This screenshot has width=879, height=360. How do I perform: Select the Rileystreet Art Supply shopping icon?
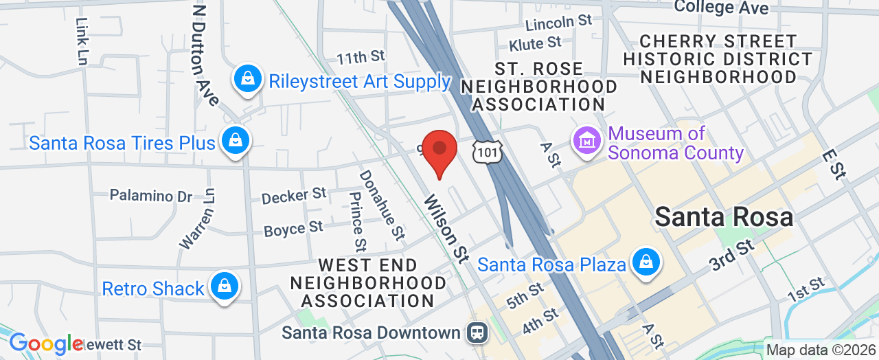(x=247, y=80)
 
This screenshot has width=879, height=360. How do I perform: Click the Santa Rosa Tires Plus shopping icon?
(x=236, y=142)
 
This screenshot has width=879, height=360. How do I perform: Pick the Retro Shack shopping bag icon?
(x=224, y=287)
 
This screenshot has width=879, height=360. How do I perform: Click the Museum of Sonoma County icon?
(x=588, y=142)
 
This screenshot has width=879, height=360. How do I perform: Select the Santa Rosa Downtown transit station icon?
(x=475, y=333)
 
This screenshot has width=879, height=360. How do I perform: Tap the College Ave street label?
(x=720, y=8)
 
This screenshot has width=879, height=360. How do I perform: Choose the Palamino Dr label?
(x=151, y=196)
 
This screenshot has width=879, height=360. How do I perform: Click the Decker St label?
(x=293, y=196)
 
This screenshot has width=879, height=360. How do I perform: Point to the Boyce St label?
(x=293, y=228)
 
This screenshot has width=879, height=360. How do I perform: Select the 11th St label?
(x=361, y=56)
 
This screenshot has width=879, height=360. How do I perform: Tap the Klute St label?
(x=535, y=44)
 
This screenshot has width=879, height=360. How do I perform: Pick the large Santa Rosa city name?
(x=724, y=217)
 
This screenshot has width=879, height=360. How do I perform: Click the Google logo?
(x=46, y=344)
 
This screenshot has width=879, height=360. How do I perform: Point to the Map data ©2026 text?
(x=819, y=350)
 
